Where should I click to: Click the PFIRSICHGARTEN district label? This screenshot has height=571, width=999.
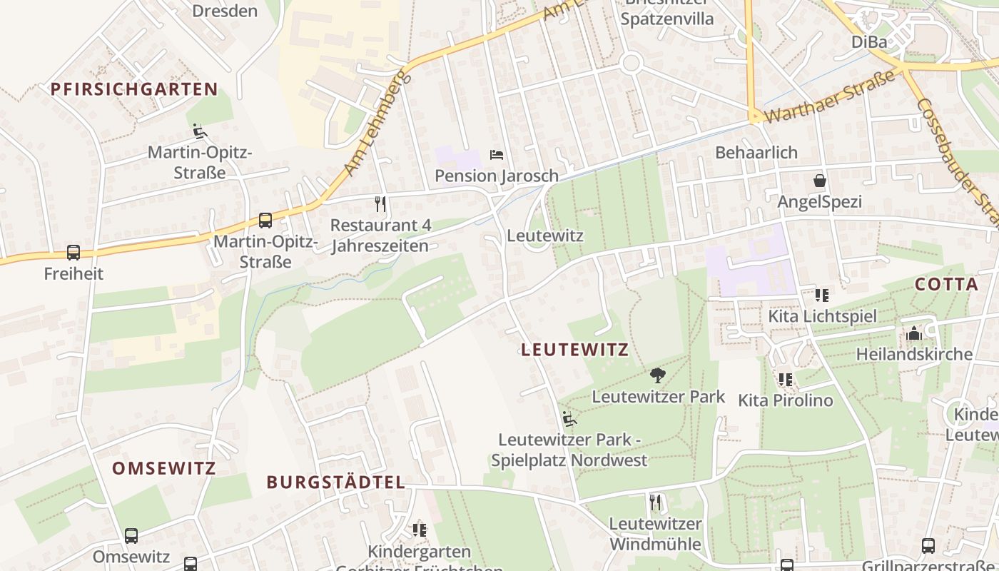click(134, 89)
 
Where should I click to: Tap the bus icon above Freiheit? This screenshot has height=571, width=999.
click(73, 252)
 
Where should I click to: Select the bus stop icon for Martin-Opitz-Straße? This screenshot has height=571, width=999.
click(265, 221)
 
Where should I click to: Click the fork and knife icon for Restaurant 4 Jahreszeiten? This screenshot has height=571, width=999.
click(380, 205)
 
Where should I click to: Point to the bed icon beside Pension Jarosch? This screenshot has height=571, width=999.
click(497, 154)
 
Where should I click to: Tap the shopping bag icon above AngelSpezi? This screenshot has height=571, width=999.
click(820, 181)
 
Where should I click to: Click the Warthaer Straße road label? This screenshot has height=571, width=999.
click(830, 96)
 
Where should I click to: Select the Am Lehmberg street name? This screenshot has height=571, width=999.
click(378, 121)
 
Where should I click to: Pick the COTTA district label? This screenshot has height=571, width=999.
click(947, 284)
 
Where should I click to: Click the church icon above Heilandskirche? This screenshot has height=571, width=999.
click(914, 333)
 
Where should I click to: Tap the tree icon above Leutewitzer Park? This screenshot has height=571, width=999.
click(658, 375)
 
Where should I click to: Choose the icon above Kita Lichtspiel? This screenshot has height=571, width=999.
click(822, 295)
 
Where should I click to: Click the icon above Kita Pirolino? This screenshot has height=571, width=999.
click(786, 379)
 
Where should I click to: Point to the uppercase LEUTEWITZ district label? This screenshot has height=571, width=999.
click(575, 350)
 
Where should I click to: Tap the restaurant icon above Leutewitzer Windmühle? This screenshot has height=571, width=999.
click(656, 502)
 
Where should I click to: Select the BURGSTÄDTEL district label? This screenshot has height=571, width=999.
click(336, 482)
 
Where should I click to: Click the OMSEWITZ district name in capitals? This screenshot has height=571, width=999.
click(164, 469)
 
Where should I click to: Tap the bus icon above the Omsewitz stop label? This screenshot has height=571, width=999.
click(131, 535)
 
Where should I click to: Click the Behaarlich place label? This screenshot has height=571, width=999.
click(756, 153)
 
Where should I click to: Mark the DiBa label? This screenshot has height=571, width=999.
click(869, 42)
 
